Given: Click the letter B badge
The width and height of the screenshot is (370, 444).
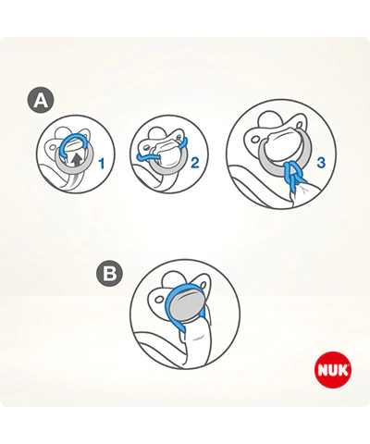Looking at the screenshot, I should (109, 273).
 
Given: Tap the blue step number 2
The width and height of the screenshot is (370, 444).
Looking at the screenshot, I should (195, 163).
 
